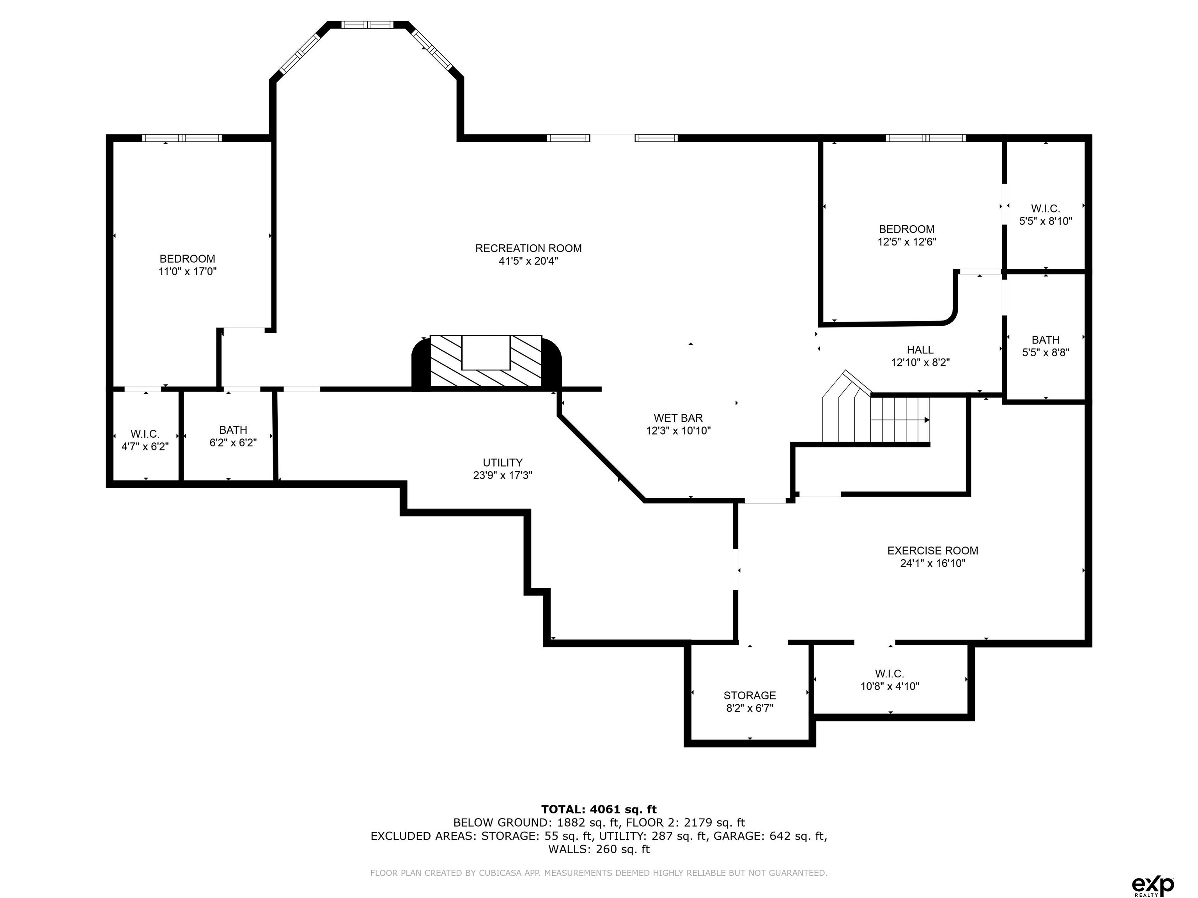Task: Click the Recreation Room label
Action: pyautogui.click(x=528, y=248)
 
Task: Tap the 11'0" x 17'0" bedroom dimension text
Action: pyautogui.click(x=188, y=272)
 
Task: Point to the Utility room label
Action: pyautogui.click(x=503, y=463)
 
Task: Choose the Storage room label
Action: pyautogui.click(x=750, y=696)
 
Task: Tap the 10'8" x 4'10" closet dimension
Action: pyautogui.click(x=890, y=686)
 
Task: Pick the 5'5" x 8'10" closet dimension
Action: pyautogui.click(x=1045, y=221)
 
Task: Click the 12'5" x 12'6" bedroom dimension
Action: pyautogui.click(x=907, y=242)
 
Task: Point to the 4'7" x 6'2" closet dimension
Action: pyautogui.click(x=145, y=447)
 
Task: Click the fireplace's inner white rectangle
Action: pyautogui.click(x=486, y=352)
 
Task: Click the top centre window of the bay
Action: pyautogui.click(x=368, y=24)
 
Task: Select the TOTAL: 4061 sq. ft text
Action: pyautogui.click(x=599, y=809)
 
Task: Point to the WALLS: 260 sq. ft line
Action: pyautogui.click(x=599, y=849)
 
